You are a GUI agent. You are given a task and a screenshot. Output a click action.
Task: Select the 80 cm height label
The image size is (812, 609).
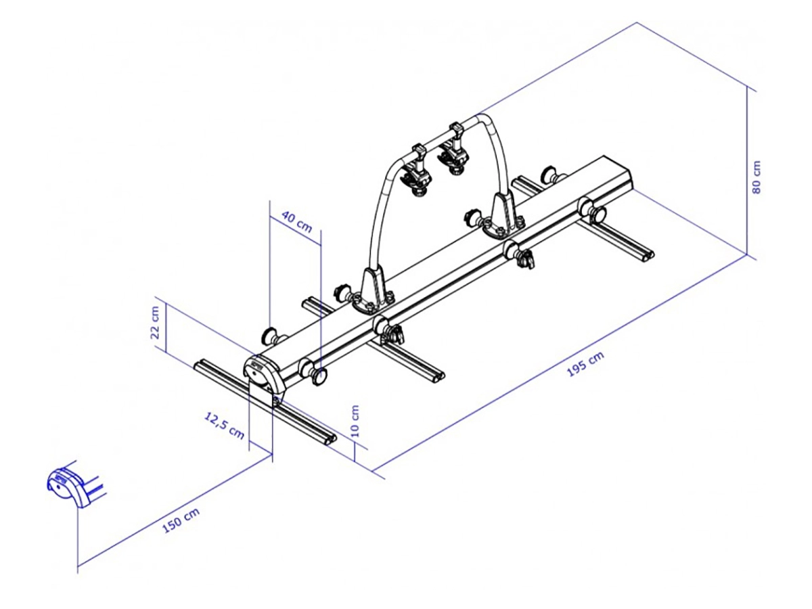[x=757, y=177]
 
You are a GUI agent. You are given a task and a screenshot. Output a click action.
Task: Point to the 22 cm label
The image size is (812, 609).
[x=156, y=323]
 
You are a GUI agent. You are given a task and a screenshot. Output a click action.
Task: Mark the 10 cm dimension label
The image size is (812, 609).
[x=355, y=421]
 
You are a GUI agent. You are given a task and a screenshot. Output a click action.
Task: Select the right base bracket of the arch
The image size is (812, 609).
[x=501, y=217]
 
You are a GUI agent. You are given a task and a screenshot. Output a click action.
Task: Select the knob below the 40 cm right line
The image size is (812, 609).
[x=319, y=376]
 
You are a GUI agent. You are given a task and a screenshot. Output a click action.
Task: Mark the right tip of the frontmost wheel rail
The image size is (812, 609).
[x=330, y=440]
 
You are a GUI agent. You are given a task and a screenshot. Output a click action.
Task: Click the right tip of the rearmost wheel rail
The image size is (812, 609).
[x=650, y=256]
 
